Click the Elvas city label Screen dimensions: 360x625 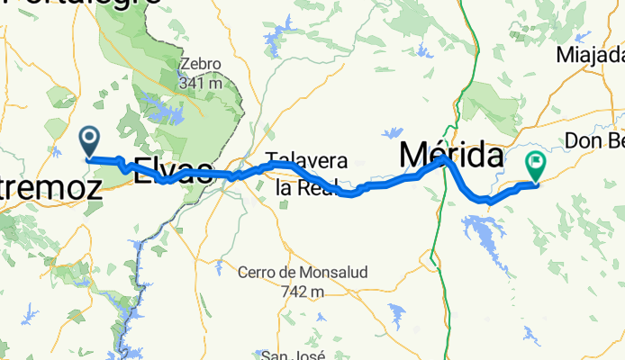173,171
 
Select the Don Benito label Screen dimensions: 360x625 593,141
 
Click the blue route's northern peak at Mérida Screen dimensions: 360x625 443,159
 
